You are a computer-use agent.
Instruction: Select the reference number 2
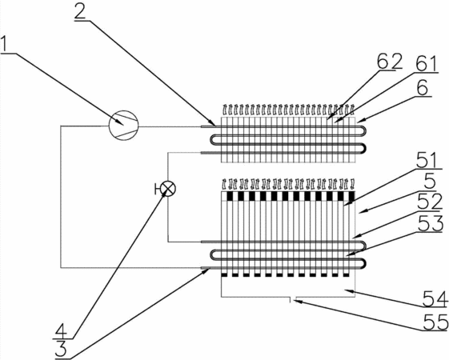(80, 10)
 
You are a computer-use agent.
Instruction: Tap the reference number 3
(61, 348)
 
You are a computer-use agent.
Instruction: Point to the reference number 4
(62, 331)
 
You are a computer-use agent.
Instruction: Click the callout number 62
(390, 62)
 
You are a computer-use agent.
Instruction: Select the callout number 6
(422, 87)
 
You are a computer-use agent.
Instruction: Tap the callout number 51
(427, 160)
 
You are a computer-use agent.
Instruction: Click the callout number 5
(430, 182)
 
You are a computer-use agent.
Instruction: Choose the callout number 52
(430, 202)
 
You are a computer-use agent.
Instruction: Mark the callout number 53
(431, 223)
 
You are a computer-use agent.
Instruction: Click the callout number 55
(435, 322)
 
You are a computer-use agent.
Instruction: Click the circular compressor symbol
(124, 126)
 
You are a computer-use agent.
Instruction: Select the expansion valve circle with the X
(168, 189)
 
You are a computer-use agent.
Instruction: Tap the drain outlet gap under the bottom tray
(293, 298)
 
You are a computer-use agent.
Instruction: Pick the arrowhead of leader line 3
(208, 270)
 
